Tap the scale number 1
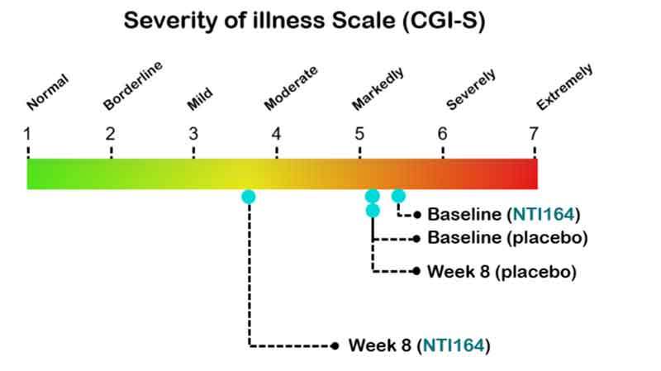coord(27,134)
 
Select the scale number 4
coord(276,134)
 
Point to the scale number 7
coord(534,134)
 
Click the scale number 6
coord(442,134)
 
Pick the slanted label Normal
coord(47,92)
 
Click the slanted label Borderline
coord(133,86)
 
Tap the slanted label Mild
coord(200,99)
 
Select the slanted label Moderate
coord(291,88)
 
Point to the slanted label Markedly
coord(378,89)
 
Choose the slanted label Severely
coord(471,90)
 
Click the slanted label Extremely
coord(565,87)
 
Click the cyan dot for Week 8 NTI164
coord(249,197)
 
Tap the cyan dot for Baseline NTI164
coord(398,196)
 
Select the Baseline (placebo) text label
coord(507,238)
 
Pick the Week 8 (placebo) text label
coord(502,272)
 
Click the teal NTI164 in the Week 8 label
coord(454,345)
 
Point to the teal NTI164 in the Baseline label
coord(544,214)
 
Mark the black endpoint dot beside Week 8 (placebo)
coord(416,271)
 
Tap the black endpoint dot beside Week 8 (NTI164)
coord(335,346)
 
